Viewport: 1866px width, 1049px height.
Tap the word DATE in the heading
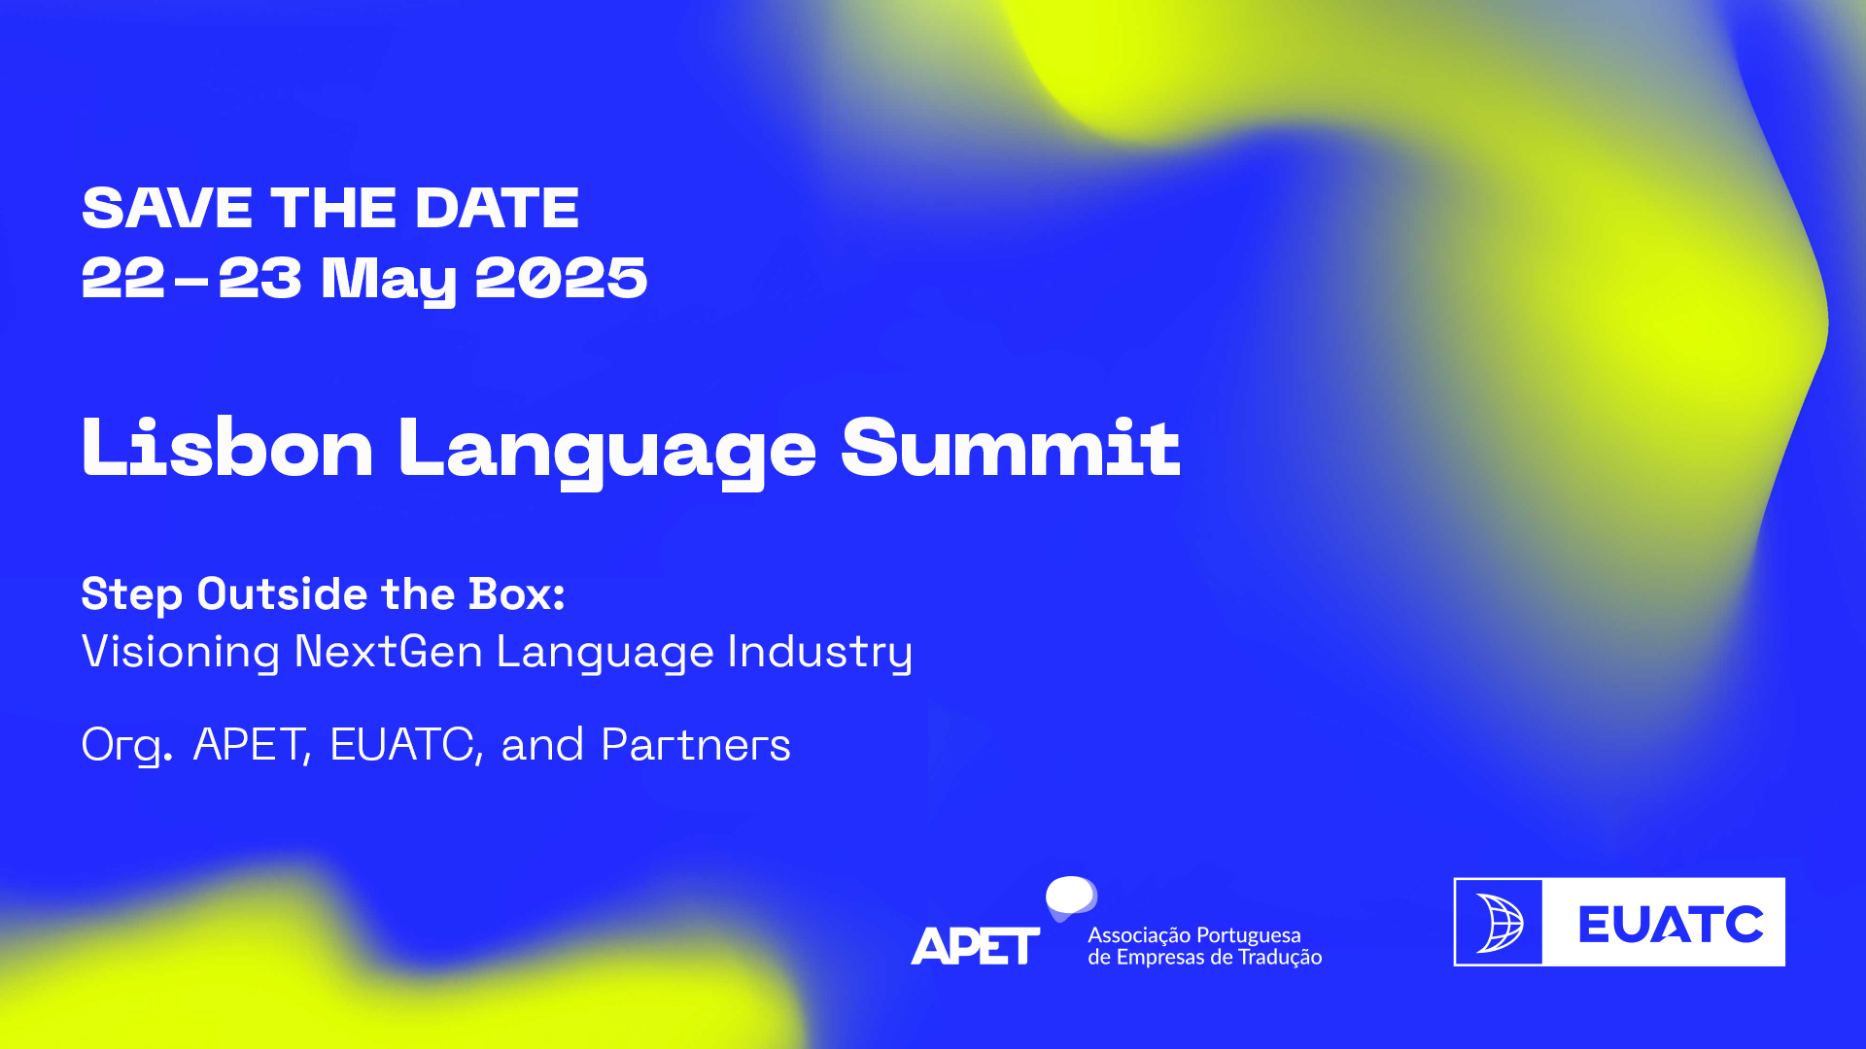tap(497, 208)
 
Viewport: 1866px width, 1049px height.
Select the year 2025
tap(561, 278)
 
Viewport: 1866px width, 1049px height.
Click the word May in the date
tap(389, 280)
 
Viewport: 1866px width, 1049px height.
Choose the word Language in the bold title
tap(607, 451)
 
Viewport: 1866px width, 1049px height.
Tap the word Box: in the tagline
tap(516, 593)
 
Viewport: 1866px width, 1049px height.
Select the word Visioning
tap(181, 652)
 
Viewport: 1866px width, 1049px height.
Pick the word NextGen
tap(388, 651)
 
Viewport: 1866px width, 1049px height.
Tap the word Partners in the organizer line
tap(696, 745)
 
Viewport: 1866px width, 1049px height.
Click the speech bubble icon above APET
tap(1071, 897)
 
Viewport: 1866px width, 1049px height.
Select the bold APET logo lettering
tap(975, 946)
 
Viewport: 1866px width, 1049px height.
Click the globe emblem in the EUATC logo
tap(1499, 923)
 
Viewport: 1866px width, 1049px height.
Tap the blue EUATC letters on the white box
tap(1671, 924)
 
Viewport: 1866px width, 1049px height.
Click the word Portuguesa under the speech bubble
tap(1248, 935)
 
